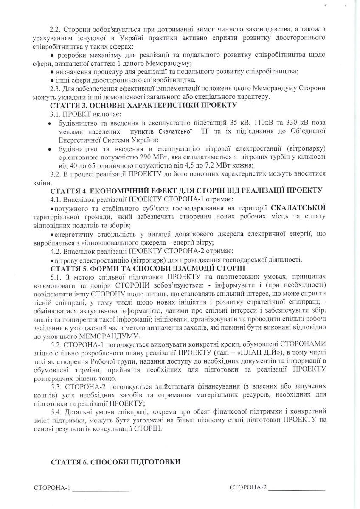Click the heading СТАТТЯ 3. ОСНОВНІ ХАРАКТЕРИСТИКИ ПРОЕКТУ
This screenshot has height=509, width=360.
tap(142, 105)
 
